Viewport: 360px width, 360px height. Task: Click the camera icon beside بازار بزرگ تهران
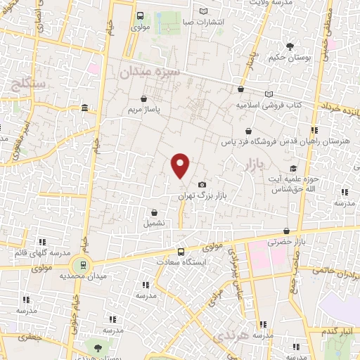(x=202, y=184)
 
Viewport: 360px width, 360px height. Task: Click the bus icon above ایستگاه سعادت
(x=181, y=252)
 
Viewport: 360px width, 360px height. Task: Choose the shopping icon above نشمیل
(x=154, y=212)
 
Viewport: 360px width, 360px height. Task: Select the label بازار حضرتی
(x=283, y=242)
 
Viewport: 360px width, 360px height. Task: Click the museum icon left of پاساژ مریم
(x=84, y=108)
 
